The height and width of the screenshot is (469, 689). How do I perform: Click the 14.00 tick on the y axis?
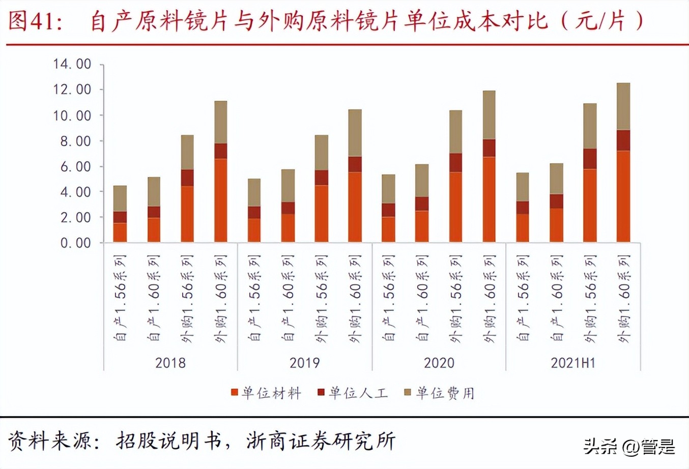[72, 64]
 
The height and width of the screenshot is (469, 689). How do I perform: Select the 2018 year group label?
[170, 363]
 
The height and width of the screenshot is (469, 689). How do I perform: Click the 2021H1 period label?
[573, 363]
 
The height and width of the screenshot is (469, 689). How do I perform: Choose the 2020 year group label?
[439, 363]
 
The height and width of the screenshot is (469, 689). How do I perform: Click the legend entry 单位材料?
[266, 393]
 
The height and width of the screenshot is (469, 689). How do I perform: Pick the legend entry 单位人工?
[353, 393]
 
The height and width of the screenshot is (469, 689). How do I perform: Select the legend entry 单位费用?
[440, 393]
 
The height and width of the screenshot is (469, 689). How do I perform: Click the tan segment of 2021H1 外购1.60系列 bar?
[623, 106]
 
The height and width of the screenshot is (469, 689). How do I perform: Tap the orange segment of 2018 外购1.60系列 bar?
[220, 200]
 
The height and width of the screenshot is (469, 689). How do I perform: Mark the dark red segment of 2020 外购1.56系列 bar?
[455, 163]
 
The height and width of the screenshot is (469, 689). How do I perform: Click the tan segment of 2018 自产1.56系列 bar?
[120, 198]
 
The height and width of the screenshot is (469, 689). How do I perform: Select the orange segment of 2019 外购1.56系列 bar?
[321, 213]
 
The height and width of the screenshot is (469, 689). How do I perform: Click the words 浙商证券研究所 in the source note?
[321, 441]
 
